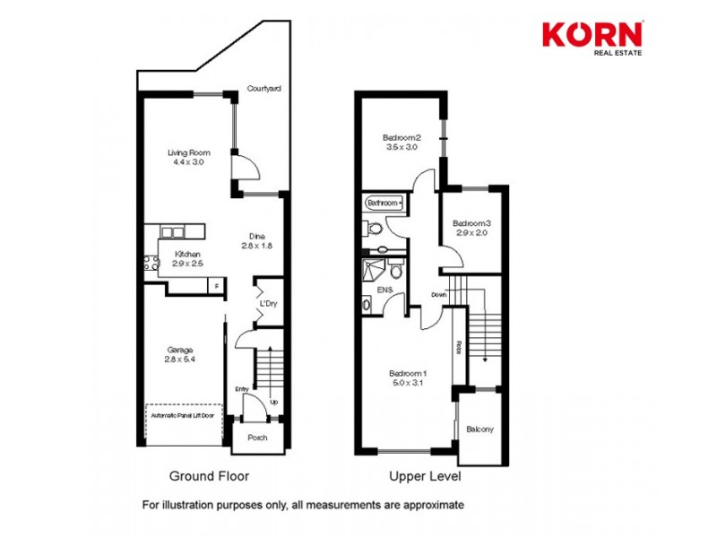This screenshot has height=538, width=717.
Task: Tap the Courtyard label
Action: [264, 89]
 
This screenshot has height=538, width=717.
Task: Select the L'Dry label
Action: [268, 305]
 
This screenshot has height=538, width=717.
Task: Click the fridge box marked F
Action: [215, 286]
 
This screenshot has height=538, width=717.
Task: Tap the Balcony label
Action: [479, 430]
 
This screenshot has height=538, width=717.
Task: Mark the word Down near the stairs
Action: [438, 295]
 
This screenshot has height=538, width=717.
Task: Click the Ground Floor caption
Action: [209, 476]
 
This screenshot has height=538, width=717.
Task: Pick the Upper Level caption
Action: [425, 476]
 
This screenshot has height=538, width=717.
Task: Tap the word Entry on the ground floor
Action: [241, 389]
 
